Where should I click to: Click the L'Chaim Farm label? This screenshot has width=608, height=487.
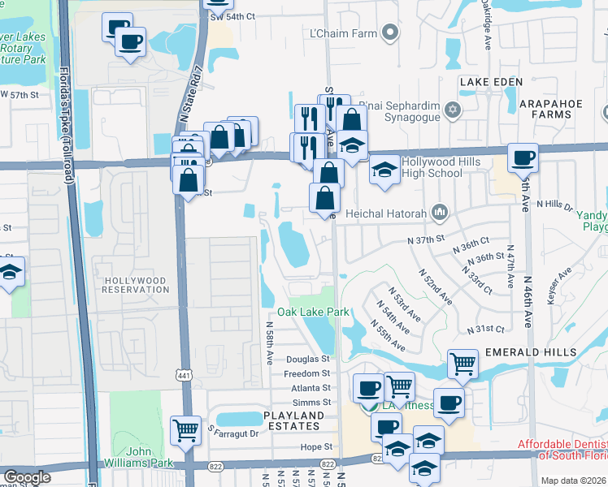pos(342,33)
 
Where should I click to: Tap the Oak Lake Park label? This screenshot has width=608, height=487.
pos(313,312)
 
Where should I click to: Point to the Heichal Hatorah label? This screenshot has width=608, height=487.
pos(386,213)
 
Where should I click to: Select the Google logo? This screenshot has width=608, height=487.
pos(27,478)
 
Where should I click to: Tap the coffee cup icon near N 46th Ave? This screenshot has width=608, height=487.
pos(523,157)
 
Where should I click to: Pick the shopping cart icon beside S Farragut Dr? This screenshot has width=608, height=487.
pos(186,430)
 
